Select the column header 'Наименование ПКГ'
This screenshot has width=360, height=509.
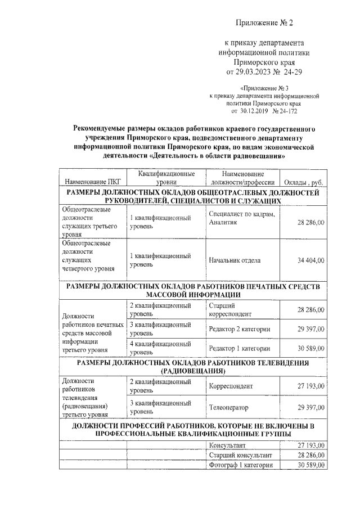coord(92,182)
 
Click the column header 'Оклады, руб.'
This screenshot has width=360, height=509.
coord(302,182)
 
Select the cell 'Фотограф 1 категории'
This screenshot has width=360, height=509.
coord(241,465)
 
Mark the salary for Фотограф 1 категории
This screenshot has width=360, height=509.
coord(310,465)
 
